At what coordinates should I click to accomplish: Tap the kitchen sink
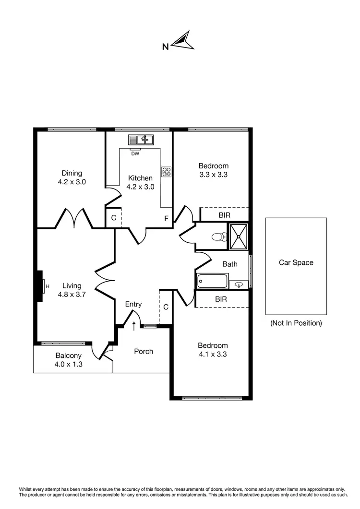[x=141, y=140]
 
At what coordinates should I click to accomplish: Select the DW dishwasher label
[x=135, y=154]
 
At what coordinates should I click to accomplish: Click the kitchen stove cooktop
[x=167, y=172]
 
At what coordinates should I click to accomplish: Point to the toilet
[x=219, y=237]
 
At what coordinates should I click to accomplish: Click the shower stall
[x=239, y=237]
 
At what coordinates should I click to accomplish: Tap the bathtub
[x=212, y=281]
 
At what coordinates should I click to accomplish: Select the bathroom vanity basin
[x=239, y=285]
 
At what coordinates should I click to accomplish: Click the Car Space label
[x=296, y=262]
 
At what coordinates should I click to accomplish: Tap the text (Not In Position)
[x=296, y=323]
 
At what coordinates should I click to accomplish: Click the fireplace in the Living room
[x=40, y=287]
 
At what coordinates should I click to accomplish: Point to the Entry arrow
[x=134, y=326]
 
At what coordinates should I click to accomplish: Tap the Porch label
[x=144, y=351]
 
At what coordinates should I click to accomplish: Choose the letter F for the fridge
[x=166, y=219]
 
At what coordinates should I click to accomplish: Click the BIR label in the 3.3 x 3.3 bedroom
[x=224, y=215]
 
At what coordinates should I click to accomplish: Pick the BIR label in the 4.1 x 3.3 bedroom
[x=221, y=299]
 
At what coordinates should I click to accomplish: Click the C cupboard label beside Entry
[x=166, y=307]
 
